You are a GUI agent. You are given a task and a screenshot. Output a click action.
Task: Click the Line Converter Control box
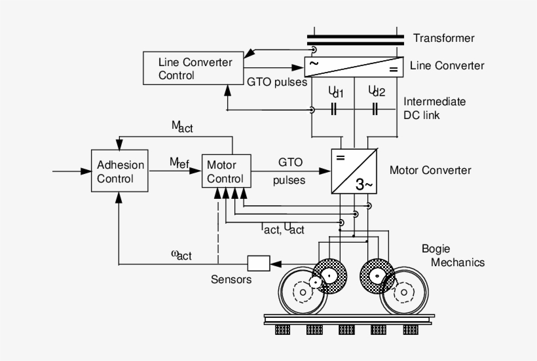[186, 69]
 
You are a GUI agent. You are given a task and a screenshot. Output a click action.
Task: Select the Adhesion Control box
[119, 171]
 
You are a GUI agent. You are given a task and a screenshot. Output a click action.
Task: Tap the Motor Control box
[225, 171]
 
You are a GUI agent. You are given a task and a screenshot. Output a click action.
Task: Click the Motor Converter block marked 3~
[353, 171]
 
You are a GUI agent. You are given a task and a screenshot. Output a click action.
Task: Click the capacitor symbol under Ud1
[334, 109]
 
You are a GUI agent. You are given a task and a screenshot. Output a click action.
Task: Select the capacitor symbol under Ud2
[375, 109]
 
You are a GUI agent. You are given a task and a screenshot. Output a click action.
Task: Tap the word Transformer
[443, 39]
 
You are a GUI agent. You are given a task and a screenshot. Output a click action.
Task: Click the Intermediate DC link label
[434, 109]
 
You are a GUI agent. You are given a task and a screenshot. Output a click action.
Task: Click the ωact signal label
[181, 254]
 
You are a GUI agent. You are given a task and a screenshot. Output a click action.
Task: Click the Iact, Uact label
[282, 228]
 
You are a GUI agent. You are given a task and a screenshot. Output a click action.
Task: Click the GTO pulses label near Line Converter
[276, 82]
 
